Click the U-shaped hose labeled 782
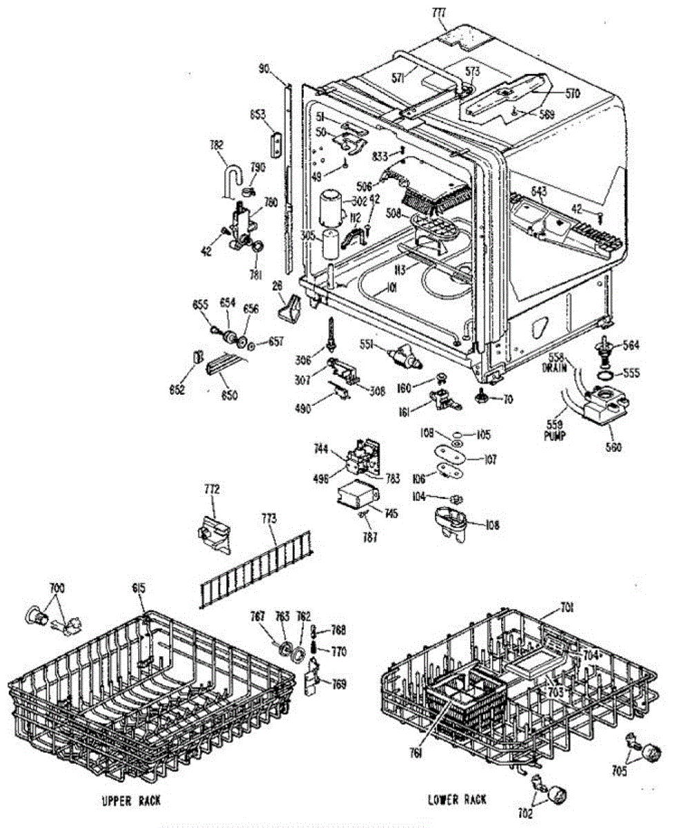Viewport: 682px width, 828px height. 228,178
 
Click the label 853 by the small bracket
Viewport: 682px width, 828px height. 259,113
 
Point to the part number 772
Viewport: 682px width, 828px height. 211,489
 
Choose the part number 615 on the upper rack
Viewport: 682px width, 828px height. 140,588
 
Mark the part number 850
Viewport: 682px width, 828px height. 228,396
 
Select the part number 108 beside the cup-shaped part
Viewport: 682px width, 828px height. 491,525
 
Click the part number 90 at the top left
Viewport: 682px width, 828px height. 264,68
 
